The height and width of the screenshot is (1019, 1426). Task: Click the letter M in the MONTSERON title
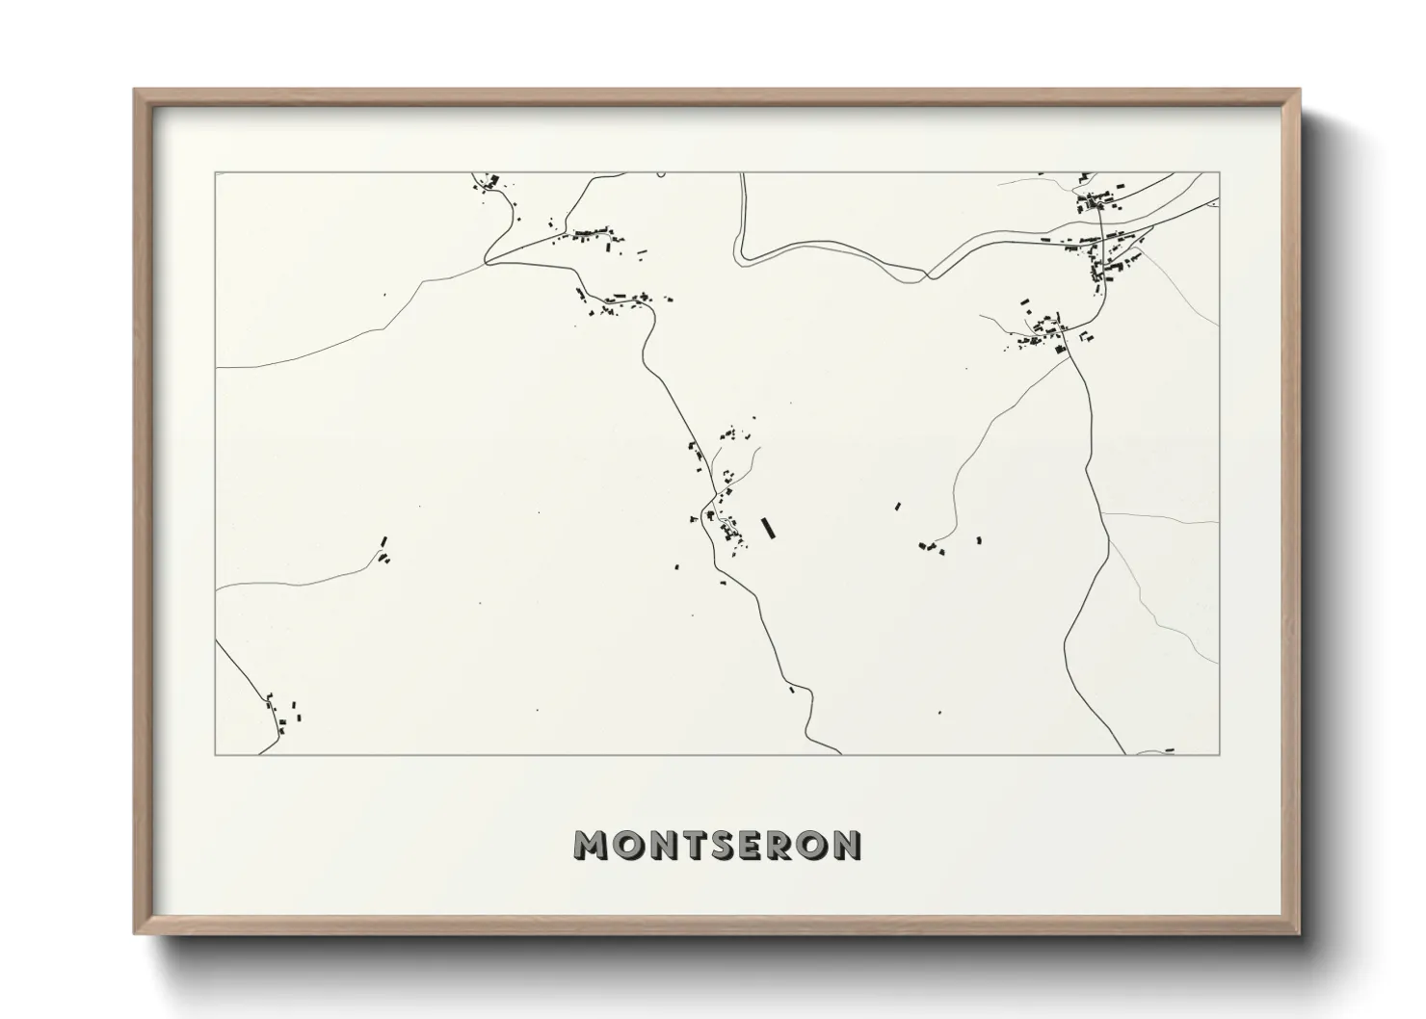coord(591,845)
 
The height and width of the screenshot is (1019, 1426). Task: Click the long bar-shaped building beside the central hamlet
coord(768,528)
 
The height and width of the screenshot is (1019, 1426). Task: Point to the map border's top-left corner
coord(215,173)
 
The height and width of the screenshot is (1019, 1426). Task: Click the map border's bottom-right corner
coord(1219,754)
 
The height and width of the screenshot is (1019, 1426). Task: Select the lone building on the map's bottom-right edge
coord(1170,749)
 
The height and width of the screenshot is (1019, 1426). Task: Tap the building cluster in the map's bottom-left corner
coord(286,716)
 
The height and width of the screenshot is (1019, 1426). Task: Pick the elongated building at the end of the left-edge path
coord(384,542)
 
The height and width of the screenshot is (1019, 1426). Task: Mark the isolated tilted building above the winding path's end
coord(898,505)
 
